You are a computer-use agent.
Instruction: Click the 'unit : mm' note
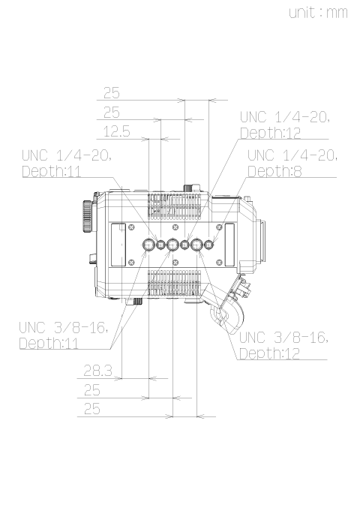pyautogui.click(x=318, y=13)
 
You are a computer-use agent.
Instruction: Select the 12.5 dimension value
pyautogui.click(x=117, y=131)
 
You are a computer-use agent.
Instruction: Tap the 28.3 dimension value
pyautogui.click(x=98, y=371)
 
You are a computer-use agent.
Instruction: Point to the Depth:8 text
pyautogui.click(x=274, y=171)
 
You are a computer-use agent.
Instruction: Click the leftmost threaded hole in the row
pyautogui.click(x=149, y=245)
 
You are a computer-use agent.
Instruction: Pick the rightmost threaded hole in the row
pyautogui.click(x=209, y=245)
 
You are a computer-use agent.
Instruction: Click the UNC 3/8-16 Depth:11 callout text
pyautogui.click(x=64, y=335)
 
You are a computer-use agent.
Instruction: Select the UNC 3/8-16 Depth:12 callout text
pyautogui.click(x=283, y=345)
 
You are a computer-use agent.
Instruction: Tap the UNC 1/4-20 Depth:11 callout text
pyautogui.click(x=67, y=164)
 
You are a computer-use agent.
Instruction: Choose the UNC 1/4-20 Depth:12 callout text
pyautogui.click(x=285, y=125)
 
